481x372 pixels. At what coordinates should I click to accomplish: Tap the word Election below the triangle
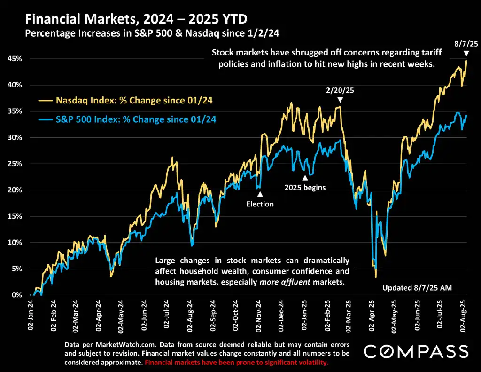(260, 204)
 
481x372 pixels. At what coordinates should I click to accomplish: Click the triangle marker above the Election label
(260, 194)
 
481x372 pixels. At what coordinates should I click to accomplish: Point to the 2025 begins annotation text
(305, 187)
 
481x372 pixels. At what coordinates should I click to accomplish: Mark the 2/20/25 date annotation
(341, 89)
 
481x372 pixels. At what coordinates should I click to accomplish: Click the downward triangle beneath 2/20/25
(341, 100)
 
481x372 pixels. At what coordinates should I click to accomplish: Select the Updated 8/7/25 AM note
(417, 287)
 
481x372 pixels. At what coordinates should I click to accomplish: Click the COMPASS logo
(416, 351)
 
